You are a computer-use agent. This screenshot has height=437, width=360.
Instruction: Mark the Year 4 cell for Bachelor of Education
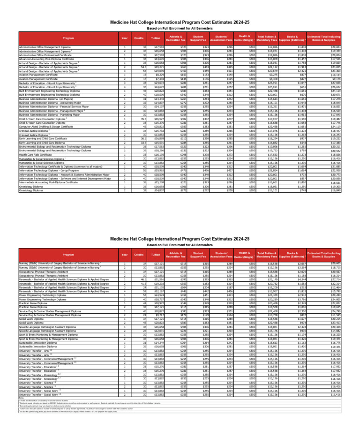[x=124, y=88]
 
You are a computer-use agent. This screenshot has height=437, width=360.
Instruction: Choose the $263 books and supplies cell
[x=300, y=287]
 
